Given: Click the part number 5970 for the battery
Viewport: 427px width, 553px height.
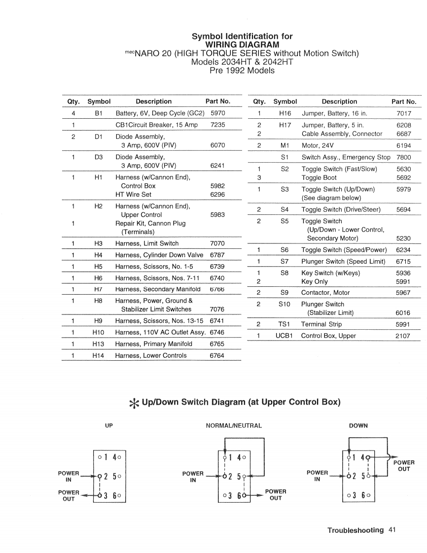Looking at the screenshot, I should [x=217, y=113].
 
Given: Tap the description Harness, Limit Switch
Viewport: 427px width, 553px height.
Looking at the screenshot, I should [x=147, y=243].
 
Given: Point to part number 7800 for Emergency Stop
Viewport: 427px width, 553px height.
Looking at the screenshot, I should [x=403, y=157].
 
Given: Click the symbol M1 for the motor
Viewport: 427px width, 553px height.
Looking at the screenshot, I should [x=284, y=145].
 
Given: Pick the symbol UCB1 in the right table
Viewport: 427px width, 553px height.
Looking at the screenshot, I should [x=285, y=336].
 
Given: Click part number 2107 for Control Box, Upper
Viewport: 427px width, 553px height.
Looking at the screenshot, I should [x=403, y=336].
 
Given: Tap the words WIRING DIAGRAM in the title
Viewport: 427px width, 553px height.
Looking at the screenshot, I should [x=242, y=45].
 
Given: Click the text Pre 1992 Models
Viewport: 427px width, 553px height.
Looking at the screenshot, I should [x=242, y=70].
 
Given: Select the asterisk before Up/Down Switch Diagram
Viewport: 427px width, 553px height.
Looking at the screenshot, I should [x=134, y=403].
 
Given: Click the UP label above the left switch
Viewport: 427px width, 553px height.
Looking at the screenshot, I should [x=109, y=425].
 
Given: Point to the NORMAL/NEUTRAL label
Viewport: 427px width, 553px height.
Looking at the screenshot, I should [x=234, y=425].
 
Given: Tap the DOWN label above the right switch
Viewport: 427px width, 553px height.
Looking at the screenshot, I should [x=358, y=425].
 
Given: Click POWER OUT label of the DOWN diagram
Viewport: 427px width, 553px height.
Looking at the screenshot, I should [x=403, y=466].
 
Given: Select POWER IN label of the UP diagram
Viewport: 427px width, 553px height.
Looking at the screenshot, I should [x=69, y=476].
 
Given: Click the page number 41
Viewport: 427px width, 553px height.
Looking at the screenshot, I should [x=392, y=530].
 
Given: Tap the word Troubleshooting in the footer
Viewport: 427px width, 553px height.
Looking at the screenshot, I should [x=355, y=530].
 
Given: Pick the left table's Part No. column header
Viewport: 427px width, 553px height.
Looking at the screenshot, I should [x=217, y=102].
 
